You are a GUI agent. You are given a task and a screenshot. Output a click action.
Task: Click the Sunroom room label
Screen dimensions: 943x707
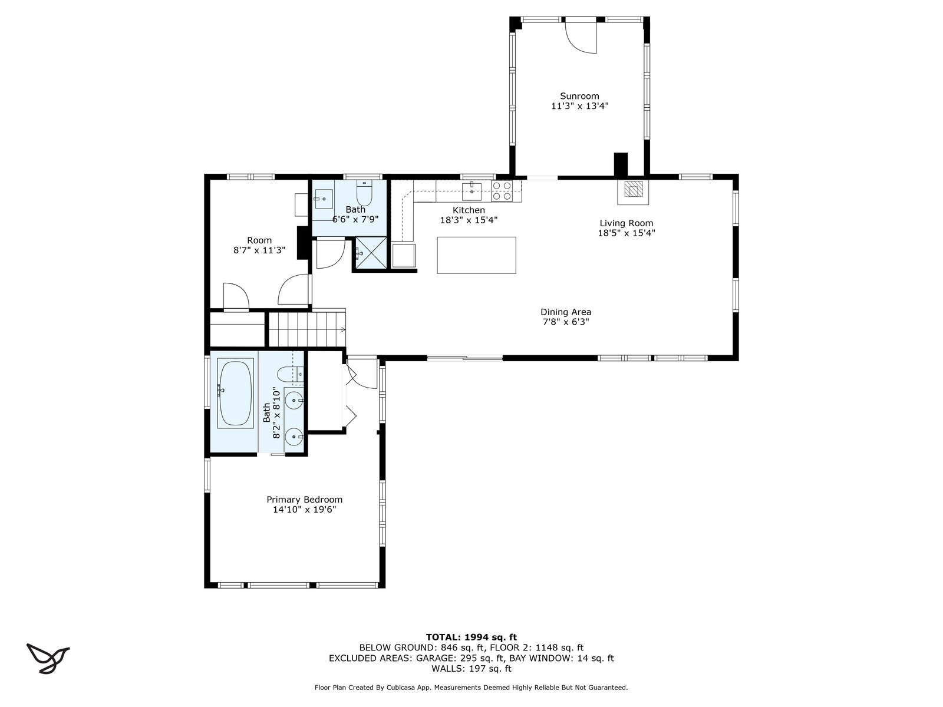[579, 96]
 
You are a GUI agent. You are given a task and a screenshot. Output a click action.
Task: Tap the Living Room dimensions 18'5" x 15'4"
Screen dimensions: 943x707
[626, 233]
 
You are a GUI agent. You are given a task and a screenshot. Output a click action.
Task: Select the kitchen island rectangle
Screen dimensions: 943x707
[476, 255]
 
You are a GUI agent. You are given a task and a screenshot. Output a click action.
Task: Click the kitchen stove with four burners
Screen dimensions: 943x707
[502, 191]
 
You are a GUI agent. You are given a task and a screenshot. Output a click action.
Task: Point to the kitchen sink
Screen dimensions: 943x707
[471, 191]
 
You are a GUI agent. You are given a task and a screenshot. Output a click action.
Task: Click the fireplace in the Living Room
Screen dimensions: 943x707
[633, 192]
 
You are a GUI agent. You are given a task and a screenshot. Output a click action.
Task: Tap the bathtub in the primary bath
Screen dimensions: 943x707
[235, 393]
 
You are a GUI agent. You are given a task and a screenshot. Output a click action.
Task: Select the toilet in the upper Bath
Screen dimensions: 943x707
[364, 193]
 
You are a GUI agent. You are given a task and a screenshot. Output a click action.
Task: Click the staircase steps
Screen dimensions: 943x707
[307, 329]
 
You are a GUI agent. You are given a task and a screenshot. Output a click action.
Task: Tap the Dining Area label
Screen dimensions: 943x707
[565, 312]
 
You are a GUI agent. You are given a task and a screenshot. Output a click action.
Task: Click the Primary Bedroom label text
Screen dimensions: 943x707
[304, 500]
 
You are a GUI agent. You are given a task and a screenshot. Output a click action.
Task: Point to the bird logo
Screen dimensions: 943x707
[48, 657]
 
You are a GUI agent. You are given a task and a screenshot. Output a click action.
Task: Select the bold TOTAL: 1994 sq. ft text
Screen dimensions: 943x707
[471, 637]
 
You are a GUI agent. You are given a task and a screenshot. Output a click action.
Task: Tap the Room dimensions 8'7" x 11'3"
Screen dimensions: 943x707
[259, 250]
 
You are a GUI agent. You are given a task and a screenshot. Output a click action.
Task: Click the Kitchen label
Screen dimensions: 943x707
[469, 210]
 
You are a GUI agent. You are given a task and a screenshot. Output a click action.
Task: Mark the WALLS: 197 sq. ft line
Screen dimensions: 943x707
[471, 668]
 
